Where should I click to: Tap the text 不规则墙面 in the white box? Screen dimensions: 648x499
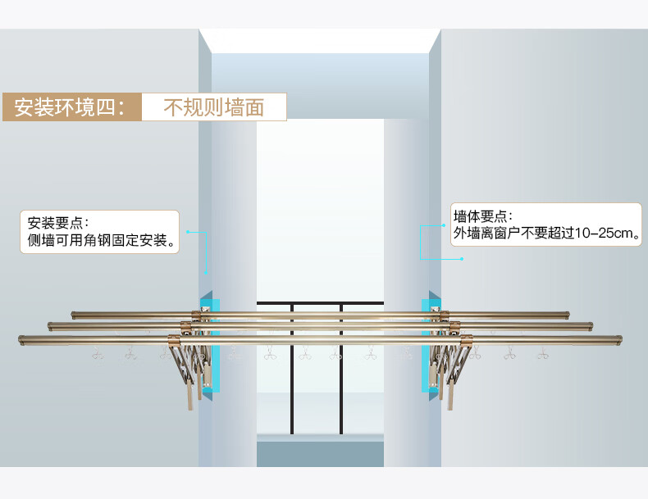[x=213, y=107]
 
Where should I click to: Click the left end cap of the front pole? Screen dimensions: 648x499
[x=21, y=339]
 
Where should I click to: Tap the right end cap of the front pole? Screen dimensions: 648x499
[x=618, y=338]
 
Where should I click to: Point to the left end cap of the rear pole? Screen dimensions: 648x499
[x=74, y=313]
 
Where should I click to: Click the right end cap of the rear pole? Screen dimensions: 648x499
[x=567, y=313]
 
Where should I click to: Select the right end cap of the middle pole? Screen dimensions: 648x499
[x=590, y=325]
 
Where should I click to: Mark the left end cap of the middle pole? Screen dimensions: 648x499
[x=51, y=326]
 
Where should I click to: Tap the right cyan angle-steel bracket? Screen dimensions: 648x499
[x=427, y=344]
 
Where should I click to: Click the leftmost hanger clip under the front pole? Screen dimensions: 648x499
[x=97, y=354]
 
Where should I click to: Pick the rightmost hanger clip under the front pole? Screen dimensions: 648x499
[x=541, y=354]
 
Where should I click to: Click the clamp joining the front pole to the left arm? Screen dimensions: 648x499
[x=174, y=339]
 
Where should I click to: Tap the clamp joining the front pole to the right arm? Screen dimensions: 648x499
[x=466, y=339]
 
